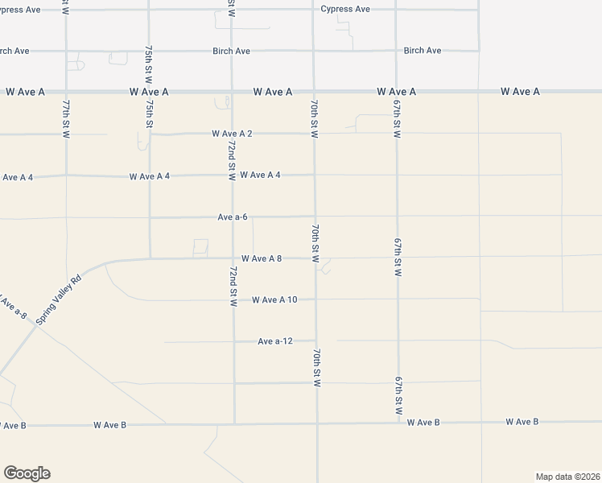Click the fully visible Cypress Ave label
(345, 9)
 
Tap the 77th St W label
(66, 119)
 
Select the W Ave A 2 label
(232, 134)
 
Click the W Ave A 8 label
(261, 259)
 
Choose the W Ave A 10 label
(274, 300)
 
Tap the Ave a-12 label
(274, 341)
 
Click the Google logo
(27, 473)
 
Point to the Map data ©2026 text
(567, 477)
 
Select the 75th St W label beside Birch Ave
(149, 63)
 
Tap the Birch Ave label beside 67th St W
(423, 51)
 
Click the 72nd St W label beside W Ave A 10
(233, 289)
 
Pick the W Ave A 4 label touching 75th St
(150, 175)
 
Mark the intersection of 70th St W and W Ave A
(314, 92)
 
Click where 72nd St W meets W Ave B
(234, 423)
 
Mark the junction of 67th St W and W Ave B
(398, 422)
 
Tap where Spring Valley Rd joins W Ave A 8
(105, 262)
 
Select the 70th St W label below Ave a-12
(317, 368)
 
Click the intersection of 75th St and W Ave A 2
(149, 134)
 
